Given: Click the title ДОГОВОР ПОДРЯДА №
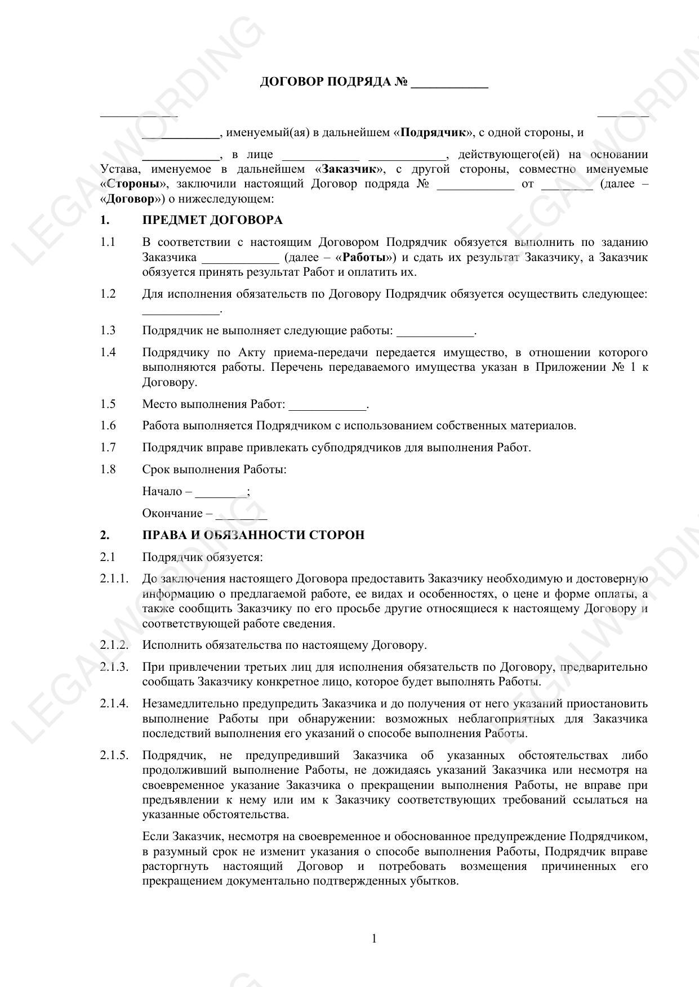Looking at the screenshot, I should pyautogui.click(x=333, y=82).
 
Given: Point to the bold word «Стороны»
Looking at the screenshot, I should pyautogui.click(x=133, y=184).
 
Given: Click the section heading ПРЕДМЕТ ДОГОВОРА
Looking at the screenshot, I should pyautogui.click(x=212, y=220).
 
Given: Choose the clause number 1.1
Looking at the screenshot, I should pyautogui.click(x=108, y=243).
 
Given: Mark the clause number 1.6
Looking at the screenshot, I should pyautogui.click(x=108, y=425).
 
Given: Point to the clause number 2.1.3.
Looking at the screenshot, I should pyautogui.click(x=114, y=667).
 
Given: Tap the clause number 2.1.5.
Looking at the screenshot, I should pyautogui.click(x=114, y=756).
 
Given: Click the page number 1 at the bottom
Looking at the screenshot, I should pyautogui.click(x=374, y=939).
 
